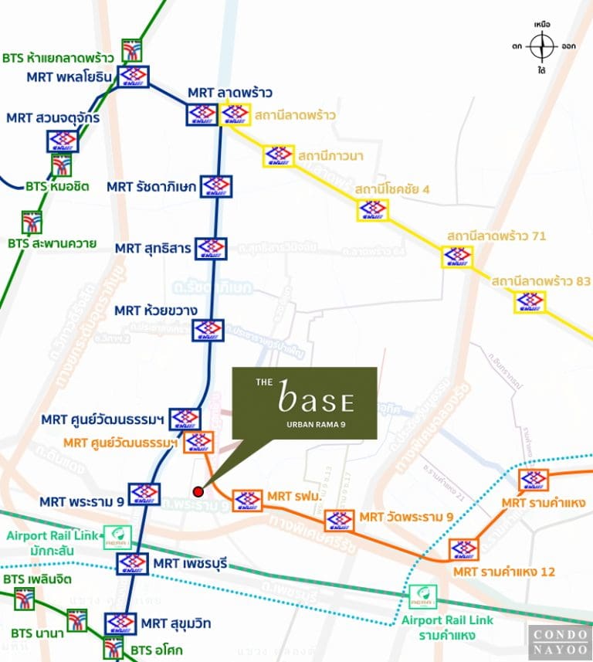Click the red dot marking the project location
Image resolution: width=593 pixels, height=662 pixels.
[198, 491]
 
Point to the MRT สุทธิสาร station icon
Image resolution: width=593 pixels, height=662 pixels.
[211, 248]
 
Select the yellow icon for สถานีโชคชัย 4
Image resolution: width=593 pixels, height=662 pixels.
[373, 210]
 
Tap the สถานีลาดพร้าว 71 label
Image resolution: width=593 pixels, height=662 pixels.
[496, 235]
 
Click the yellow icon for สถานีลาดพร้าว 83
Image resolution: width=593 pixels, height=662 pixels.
[530, 302]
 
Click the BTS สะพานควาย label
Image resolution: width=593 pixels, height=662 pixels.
[53, 243]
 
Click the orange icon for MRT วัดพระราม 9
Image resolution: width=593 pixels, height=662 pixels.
[339, 521]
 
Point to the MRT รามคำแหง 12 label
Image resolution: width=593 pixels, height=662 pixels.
[503, 572]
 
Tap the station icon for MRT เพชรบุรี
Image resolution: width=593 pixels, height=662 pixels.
[132, 564]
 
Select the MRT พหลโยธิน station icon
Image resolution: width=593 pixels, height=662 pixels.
[134, 77]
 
